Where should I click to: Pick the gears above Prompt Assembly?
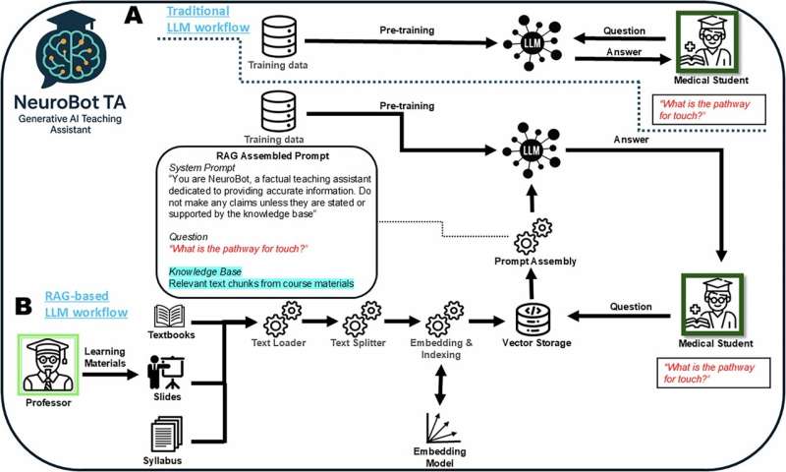click(x=534, y=235)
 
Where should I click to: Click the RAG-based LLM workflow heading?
click(x=86, y=304)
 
